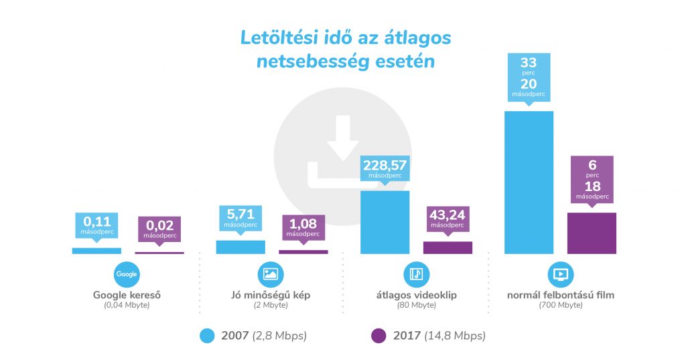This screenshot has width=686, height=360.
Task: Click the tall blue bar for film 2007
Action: pyautogui.click(x=528, y=182)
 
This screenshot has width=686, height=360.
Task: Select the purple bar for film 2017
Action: pyautogui.click(x=592, y=233)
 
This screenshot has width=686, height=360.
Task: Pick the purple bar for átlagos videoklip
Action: pyautogui.click(x=448, y=247)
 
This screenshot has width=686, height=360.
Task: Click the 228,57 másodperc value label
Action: pyautogui.click(x=385, y=168)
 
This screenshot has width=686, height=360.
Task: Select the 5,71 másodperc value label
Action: pyautogui.click(x=241, y=217)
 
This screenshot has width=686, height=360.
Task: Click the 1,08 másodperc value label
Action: pyautogui.click(x=304, y=226)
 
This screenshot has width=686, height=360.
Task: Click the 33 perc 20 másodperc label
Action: pyautogui.click(x=529, y=76)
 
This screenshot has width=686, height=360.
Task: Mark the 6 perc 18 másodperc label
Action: pyautogui.click(x=592, y=178)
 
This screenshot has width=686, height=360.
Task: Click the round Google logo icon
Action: pyautogui.click(x=127, y=274)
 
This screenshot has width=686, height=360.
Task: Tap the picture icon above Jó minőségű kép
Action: pyautogui.click(x=271, y=274)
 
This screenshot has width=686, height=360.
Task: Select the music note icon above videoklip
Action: pyautogui.click(x=416, y=274)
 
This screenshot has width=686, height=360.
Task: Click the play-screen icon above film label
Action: pyautogui.click(x=561, y=274)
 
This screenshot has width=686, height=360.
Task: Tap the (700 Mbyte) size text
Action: pyautogui.click(x=561, y=305)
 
